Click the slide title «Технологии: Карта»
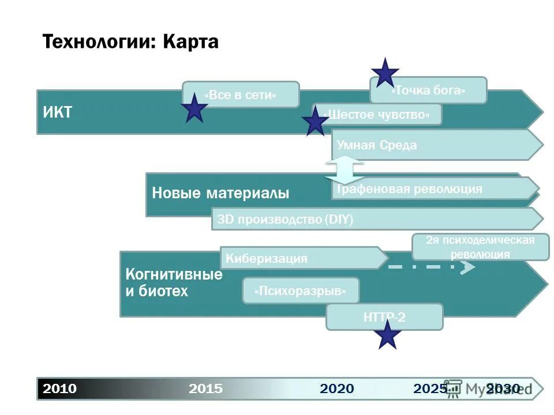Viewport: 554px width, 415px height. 131,42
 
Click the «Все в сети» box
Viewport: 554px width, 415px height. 241,95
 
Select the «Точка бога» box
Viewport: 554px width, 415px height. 428,90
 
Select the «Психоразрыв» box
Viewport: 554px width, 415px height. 301,291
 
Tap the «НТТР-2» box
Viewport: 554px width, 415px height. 384,316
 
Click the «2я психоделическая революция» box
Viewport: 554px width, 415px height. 480,247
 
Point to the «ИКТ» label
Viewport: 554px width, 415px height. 58,112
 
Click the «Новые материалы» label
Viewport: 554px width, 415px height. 220,194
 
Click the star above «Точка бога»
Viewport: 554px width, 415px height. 385,73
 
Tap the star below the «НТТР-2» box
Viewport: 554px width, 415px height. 388,335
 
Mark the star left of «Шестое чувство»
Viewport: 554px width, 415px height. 315,122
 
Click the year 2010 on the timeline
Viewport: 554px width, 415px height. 60,388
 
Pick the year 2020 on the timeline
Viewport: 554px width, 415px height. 337,388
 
